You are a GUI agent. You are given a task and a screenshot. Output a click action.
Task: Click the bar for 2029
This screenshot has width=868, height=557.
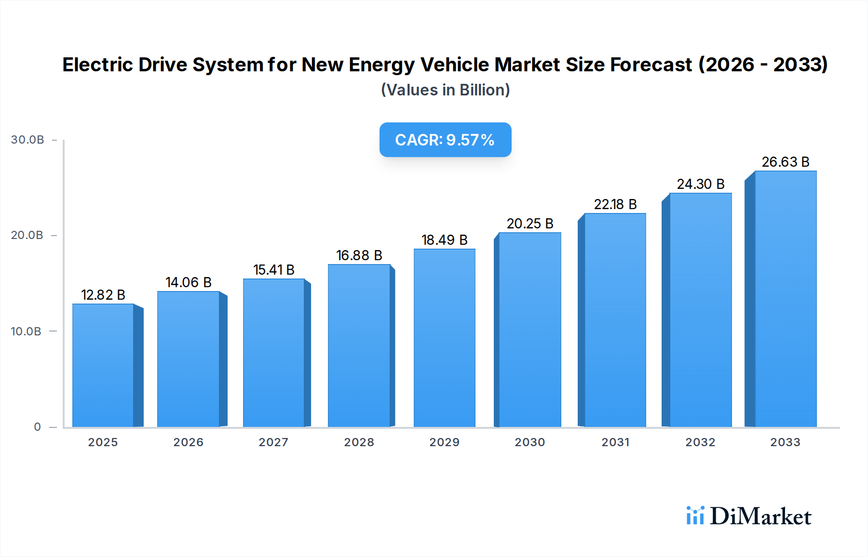(444, 338)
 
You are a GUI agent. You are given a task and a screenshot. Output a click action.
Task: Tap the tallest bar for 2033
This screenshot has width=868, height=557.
(786, 299)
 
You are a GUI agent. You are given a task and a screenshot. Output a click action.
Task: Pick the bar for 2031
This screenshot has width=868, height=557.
(615, 320)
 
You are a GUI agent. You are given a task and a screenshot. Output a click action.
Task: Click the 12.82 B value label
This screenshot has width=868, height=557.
(103, 295)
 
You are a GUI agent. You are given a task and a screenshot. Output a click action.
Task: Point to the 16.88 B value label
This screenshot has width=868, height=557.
(359, 255)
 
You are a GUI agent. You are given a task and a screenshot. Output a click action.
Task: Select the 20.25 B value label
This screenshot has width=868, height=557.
(530, 224)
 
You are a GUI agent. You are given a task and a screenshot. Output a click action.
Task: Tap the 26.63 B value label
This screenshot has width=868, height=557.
(786, 162)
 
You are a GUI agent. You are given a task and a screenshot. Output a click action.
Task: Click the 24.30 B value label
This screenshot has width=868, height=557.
(701, 184)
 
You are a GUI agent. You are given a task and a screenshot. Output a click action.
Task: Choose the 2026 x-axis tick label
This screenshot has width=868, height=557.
(188, 442)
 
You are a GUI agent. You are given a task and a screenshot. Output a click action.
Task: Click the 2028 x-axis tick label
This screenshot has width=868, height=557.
(359, 442)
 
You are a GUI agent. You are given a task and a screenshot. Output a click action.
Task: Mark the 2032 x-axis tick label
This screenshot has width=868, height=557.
(700, 442)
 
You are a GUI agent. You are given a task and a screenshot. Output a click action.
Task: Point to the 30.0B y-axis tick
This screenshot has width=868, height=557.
(27, 140)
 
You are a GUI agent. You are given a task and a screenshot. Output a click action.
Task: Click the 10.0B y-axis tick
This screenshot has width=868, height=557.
(26, 332)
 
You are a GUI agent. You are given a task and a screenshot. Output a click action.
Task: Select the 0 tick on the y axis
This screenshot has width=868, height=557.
(38, 427)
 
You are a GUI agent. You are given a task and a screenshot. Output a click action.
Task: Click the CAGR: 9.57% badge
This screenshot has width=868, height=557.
(445, 140)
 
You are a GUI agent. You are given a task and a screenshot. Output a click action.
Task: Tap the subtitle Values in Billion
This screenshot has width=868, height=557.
(445, 90)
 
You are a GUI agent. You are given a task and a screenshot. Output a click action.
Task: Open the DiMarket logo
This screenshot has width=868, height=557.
(749, 516)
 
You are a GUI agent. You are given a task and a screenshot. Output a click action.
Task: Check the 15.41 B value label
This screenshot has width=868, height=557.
(274, 270)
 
